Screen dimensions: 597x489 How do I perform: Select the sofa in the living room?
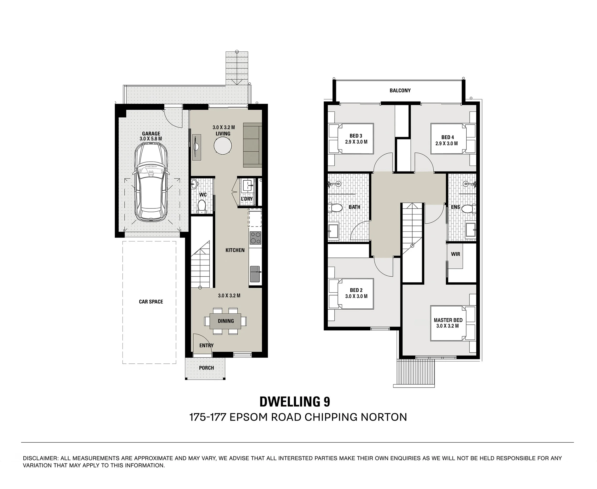252,145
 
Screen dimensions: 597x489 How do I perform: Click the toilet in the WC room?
202,206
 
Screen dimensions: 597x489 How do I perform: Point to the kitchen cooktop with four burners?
255,238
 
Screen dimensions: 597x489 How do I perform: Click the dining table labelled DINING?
225,321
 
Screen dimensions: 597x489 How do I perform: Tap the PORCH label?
206,368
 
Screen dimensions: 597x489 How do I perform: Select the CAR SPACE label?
151,302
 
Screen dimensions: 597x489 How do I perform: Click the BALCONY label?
400,91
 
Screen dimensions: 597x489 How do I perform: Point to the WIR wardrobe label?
455,254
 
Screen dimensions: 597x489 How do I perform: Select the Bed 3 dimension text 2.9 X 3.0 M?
356,142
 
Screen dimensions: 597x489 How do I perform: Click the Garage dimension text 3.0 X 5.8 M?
151,139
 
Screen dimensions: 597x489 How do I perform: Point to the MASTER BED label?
448,320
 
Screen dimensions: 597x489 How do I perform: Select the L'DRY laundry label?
247,199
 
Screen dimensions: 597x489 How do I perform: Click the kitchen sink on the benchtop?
255,274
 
